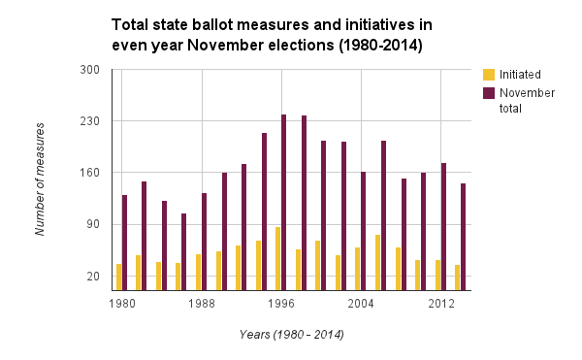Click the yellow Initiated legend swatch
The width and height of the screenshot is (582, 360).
pyautogui.click(x=489, y=75)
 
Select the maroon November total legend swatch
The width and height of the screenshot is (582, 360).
pyautogui.click(x=489, y=93)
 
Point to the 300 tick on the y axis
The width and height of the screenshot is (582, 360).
pyautogui.click(x=90, y=70)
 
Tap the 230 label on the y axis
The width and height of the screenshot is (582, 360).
pyautogui.click(x=90, y=121)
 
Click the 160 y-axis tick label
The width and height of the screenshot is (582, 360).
pyautogui.click(x=90, y=173)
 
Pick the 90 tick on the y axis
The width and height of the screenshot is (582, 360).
pyautogui.click(x=93, y=224)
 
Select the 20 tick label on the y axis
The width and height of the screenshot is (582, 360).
pyautogui.click(x=93, y=277)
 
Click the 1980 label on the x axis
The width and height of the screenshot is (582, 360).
pyautogui.click(x=121, y=304)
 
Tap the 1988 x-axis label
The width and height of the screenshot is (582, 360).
pyautogui.click(x=202, y=304)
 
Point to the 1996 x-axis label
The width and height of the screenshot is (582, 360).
pyautogui.click(x=281, y=304)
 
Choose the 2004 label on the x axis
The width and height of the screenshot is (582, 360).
pyautogui.click(x=361, y=304)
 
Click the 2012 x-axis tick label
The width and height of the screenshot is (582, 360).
pyautogui.click(x=441, y=304)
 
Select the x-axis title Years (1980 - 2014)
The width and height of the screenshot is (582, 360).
pyautogui.click(x=291, y=335)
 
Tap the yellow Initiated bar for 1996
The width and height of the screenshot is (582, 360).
pyautogui.click(x=277, y=258)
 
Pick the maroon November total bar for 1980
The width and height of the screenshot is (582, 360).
pyautogui.click(x=124, y=243)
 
